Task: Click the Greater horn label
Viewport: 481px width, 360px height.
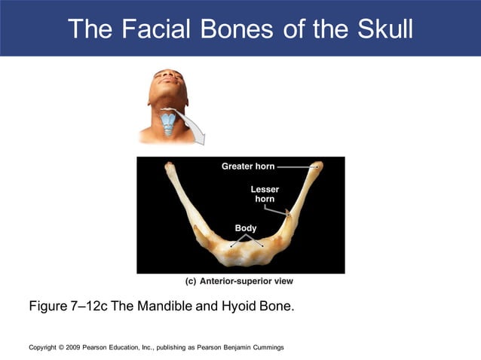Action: (x=248, y=166)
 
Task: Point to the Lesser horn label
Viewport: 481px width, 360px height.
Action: (x=265, y=194)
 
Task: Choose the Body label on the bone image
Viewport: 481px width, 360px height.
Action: (x=246, y=228)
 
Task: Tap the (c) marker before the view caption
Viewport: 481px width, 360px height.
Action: (x=191, y=281)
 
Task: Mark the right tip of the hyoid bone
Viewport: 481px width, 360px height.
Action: (x=319, y=166)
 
